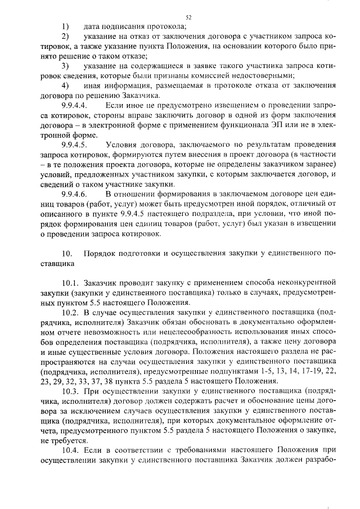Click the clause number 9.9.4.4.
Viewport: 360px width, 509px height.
(74, 105)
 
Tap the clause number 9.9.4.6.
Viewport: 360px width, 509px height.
(74, 194)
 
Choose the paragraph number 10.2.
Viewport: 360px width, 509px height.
(71, 312)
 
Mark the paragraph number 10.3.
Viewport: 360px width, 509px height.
(71, 390)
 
